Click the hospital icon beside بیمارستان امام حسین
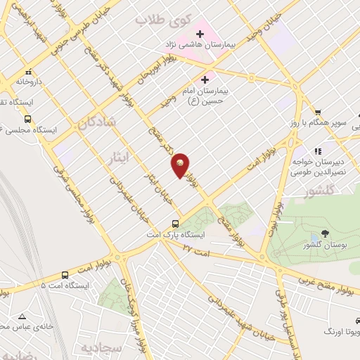(205, 79)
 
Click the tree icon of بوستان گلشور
(324, 233)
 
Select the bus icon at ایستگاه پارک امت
(176, 224)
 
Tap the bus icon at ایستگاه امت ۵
(65, 276)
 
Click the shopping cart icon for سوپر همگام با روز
(318, 112)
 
